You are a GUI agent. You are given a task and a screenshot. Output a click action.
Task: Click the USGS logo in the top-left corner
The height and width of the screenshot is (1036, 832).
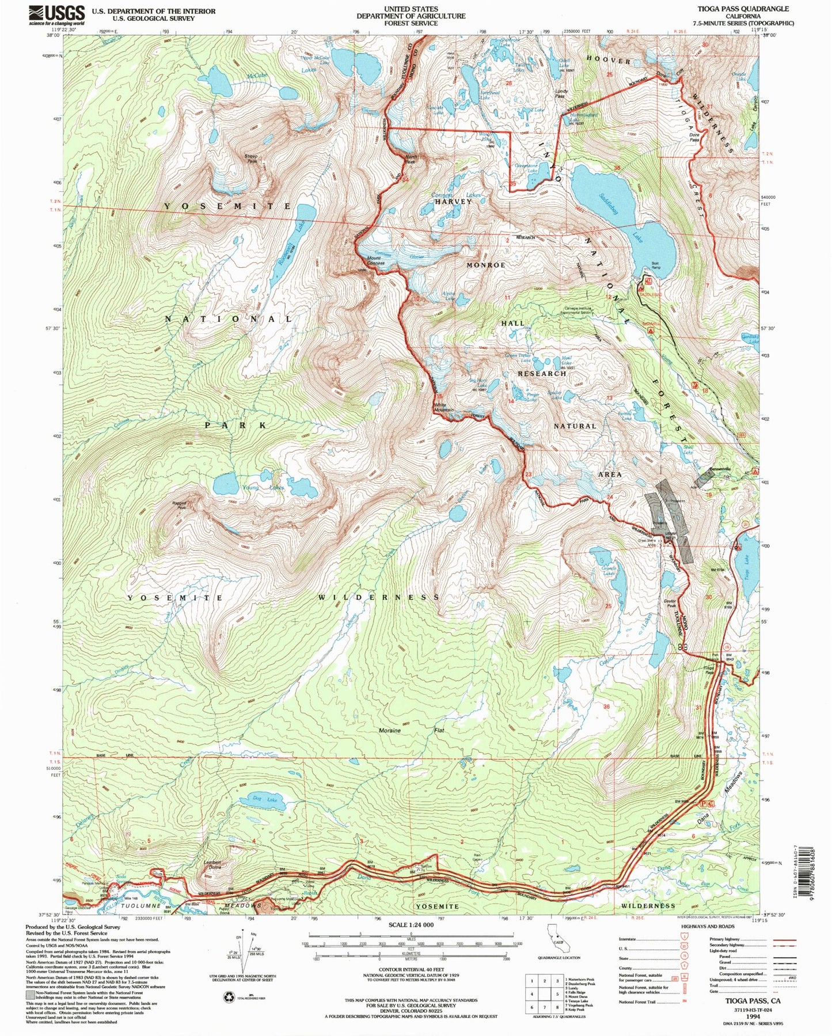(x=56, y=14)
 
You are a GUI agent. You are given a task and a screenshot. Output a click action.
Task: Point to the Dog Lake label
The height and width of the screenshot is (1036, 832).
(x=265, y=799)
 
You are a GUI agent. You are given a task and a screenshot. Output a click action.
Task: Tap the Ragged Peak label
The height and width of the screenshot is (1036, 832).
(x=179, y=505)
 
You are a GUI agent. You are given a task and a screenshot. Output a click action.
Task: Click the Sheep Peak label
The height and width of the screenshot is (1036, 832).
(x=252, y=158)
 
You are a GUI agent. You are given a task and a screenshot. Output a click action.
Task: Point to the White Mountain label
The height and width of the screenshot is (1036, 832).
(x=443, y=408)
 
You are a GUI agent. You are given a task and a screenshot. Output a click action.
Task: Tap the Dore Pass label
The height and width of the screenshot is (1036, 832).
(x=694, y=137)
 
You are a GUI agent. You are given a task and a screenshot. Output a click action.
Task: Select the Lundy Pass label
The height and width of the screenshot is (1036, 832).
(x=561, y=93)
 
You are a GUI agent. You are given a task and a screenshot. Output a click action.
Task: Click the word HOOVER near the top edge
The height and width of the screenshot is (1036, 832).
(x=609, y=60)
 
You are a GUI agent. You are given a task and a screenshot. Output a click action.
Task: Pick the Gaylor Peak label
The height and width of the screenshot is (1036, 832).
(x=671, y=604)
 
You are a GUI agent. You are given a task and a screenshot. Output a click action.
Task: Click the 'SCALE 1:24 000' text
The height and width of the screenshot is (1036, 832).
(x=411, y=925)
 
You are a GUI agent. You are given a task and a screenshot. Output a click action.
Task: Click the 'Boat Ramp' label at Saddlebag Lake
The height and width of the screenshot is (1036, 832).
(x=655, y=265)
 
